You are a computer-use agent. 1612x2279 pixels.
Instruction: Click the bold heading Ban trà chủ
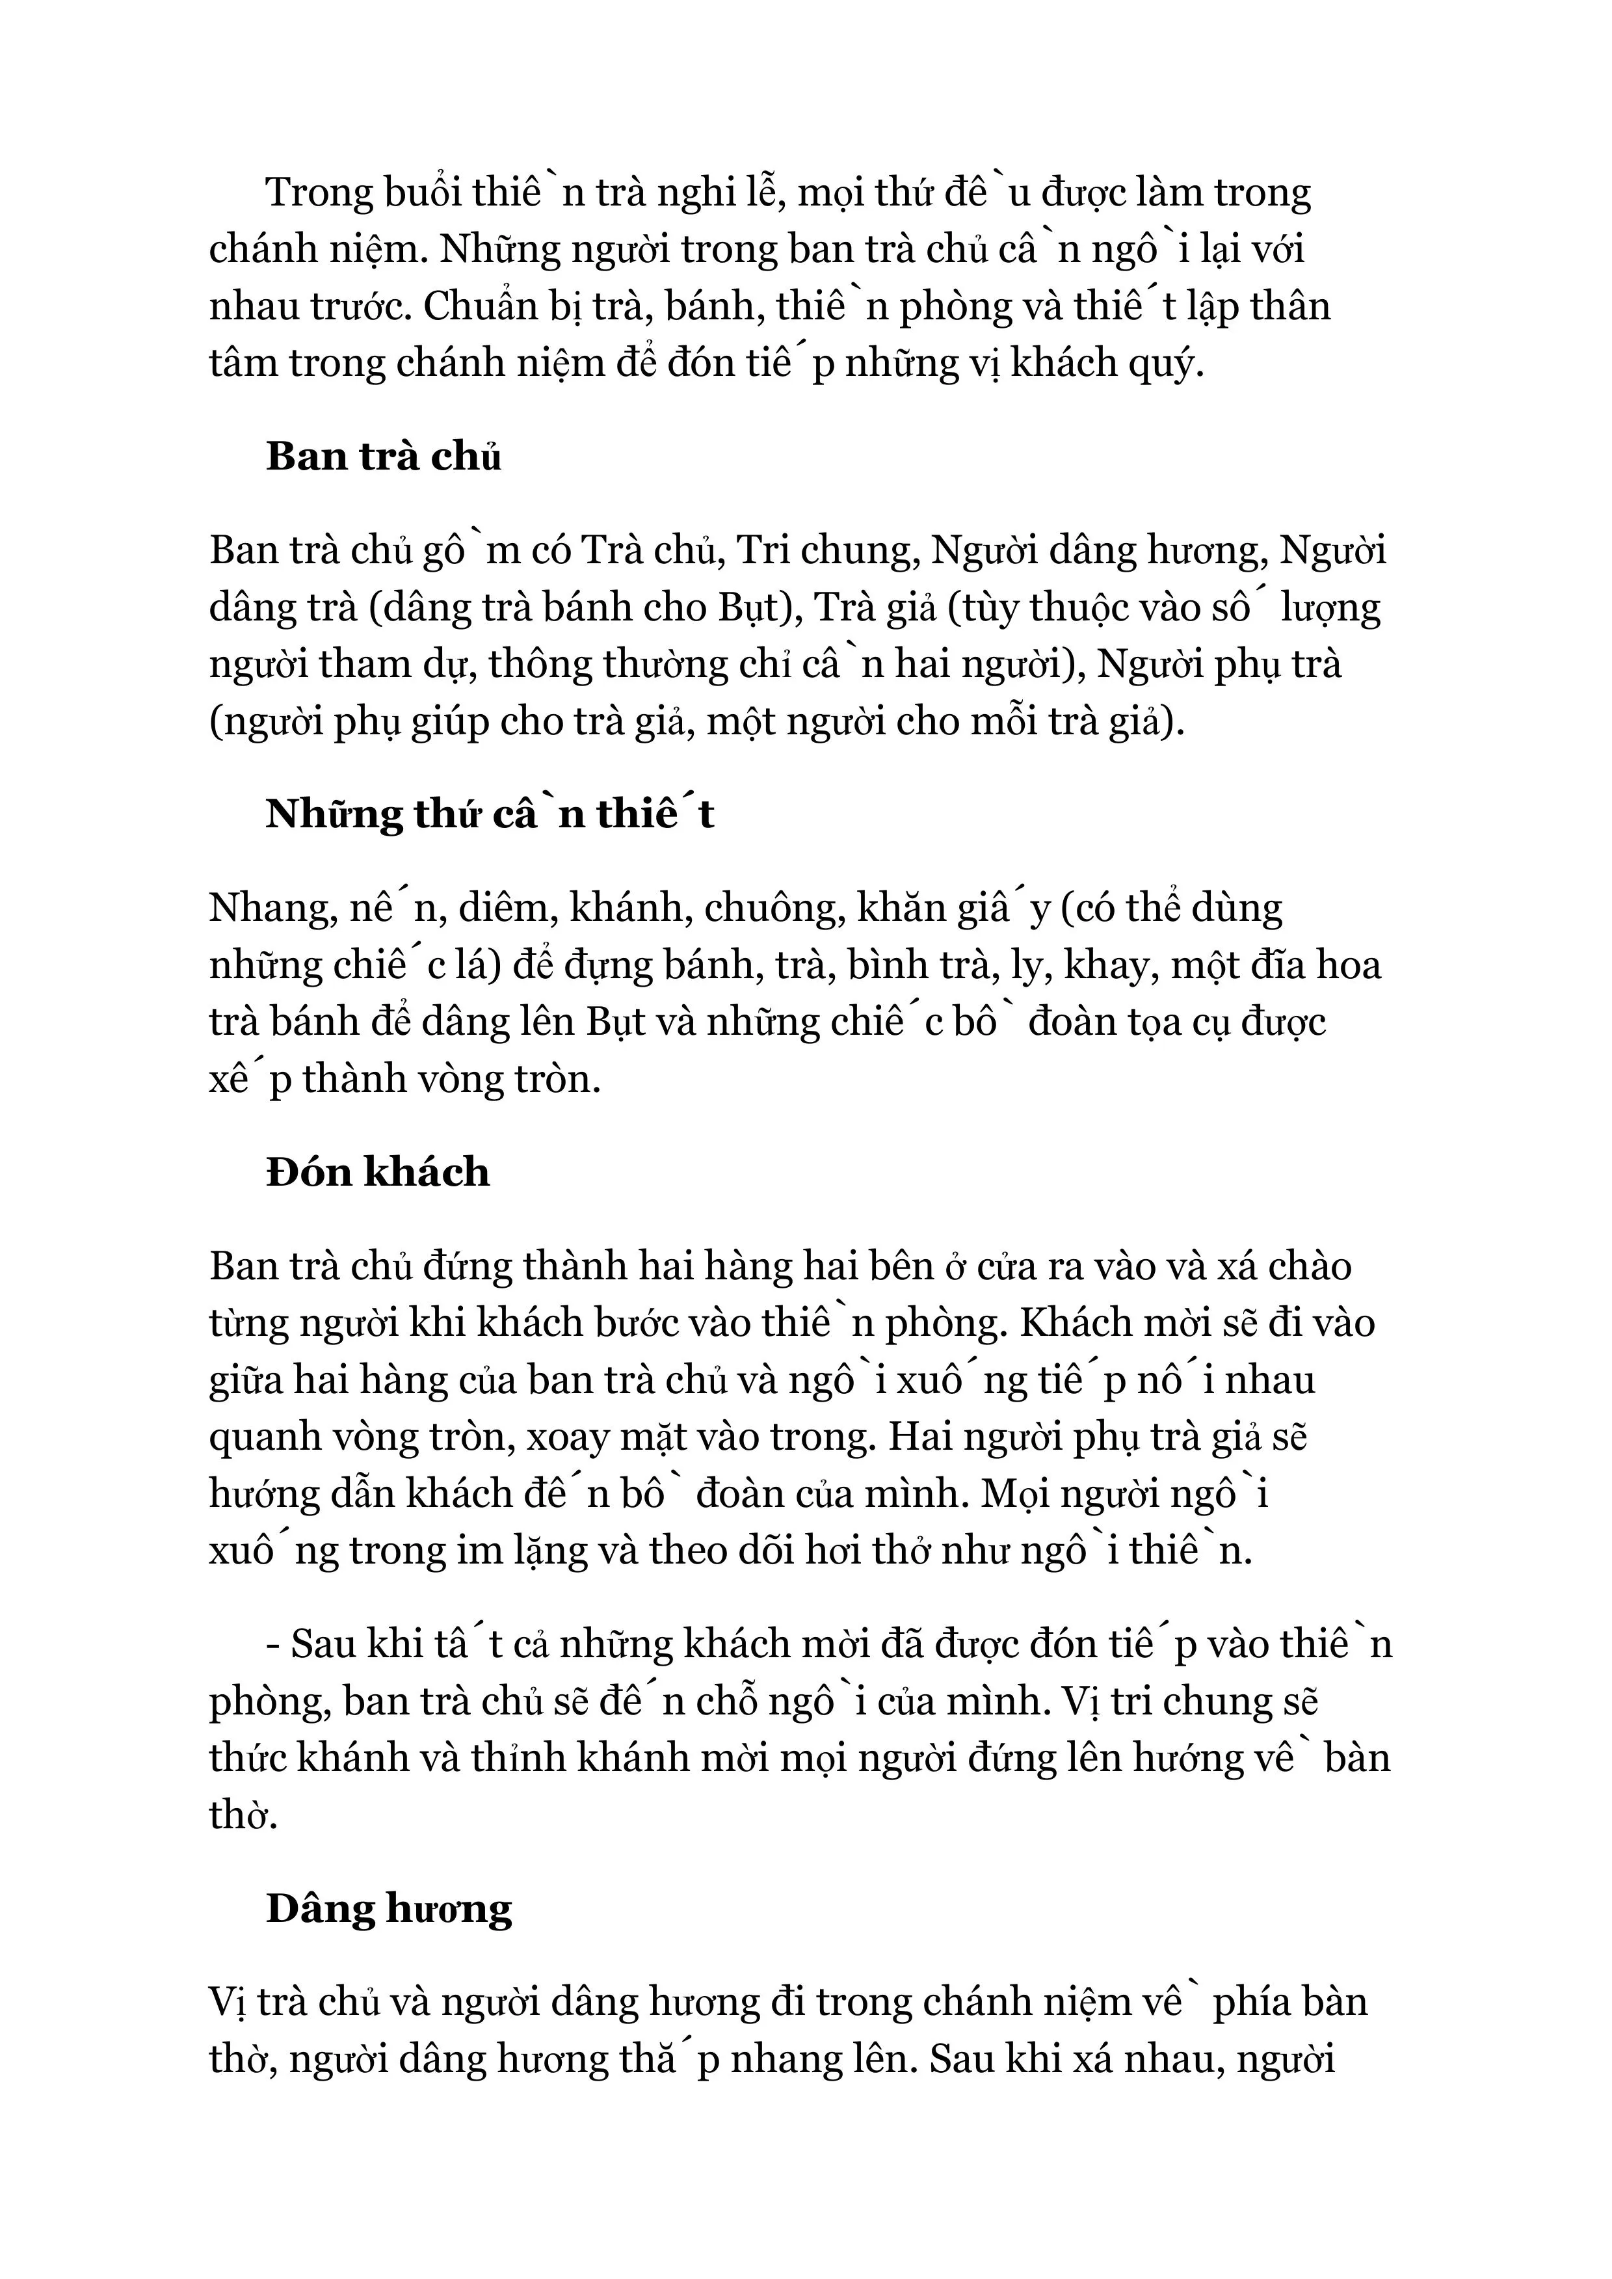(383, 457)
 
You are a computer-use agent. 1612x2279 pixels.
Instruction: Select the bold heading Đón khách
(377, 1172)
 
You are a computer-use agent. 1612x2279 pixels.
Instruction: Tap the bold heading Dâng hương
(389, 1909)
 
